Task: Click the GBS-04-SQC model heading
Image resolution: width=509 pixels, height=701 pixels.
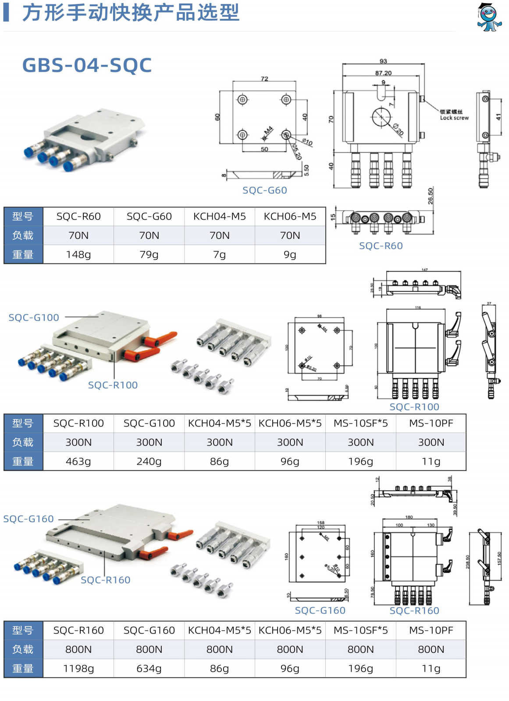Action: click(87, 65)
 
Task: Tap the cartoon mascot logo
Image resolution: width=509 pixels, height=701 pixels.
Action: click(489, 17)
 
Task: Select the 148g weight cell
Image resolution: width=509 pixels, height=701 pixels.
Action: click(78, 254)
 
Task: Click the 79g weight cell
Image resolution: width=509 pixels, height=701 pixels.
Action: click(149, 254)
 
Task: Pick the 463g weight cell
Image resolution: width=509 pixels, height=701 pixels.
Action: click(78, 461)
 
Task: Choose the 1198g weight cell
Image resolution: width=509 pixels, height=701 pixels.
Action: click(78, 668)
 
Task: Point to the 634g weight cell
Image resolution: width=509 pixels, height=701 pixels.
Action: click(149, 668)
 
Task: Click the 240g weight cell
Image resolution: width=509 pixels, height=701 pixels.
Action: click(149, 461)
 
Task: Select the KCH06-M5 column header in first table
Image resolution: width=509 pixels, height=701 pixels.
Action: click(290, 216)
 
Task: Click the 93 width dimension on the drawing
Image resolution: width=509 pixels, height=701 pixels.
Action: click(383, 61)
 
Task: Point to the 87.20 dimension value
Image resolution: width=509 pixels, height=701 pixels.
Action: click(383, 73)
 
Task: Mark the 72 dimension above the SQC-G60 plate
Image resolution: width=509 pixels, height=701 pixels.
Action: click(264, 78)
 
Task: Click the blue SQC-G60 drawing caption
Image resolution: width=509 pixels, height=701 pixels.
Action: click(265, 190)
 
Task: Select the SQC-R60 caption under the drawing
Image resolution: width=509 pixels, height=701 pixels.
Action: click(381, 246)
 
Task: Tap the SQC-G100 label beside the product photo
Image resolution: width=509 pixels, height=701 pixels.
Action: click(34, 317)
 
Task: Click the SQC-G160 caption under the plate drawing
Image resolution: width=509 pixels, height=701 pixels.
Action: click(320, 610)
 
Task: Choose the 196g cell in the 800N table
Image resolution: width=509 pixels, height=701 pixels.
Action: click(360, 668)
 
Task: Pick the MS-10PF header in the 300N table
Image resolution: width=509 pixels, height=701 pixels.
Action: click(431, 423)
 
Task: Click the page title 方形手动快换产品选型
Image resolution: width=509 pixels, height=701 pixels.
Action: click(131, 12)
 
